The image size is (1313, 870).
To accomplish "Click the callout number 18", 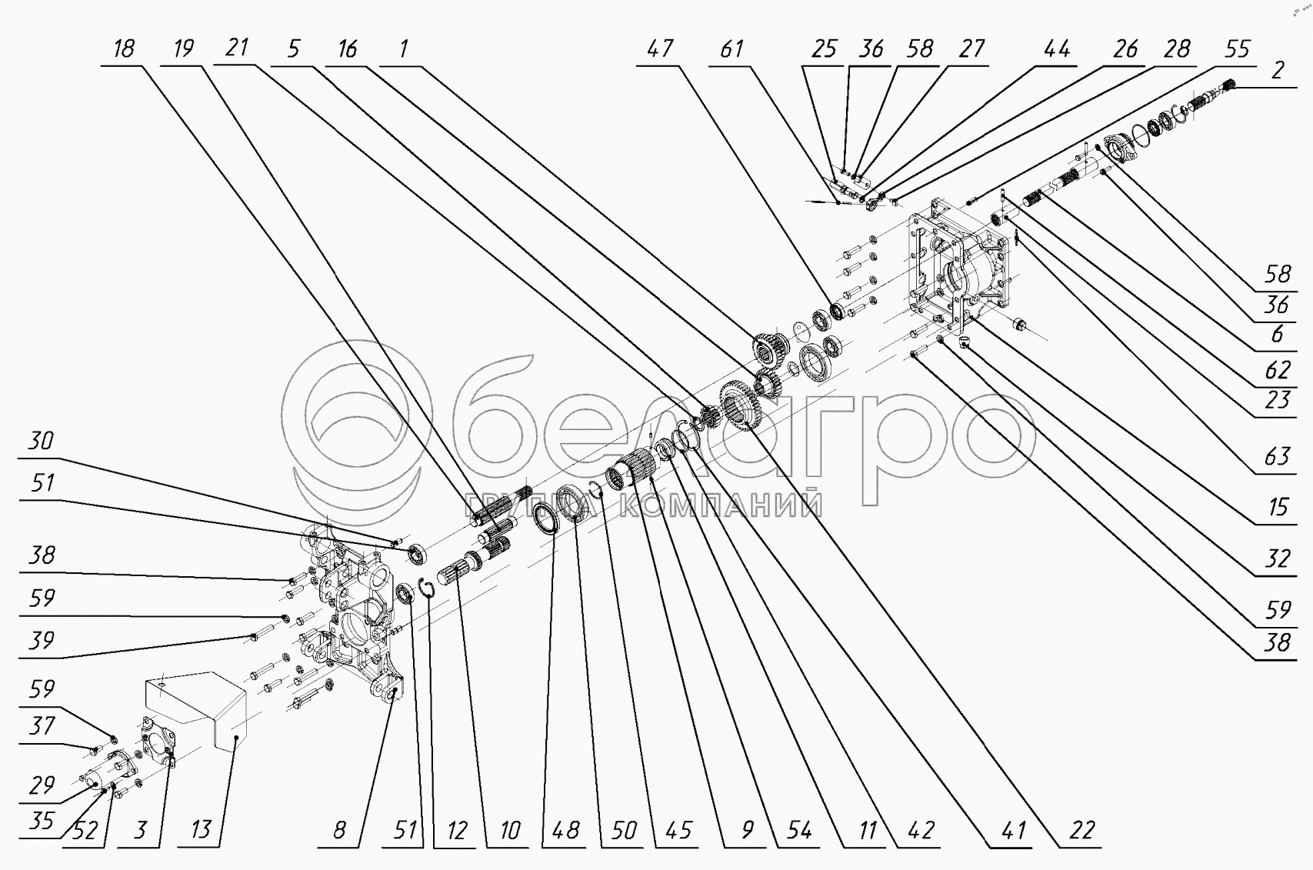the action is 125,48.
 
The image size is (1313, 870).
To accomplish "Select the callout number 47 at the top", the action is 661,48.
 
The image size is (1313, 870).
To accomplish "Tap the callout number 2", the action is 1278,70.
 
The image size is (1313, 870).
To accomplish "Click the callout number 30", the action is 41,441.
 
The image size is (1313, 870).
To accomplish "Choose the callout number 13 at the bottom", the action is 201,830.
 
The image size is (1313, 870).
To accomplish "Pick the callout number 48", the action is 565,830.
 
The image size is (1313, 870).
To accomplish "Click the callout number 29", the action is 41,785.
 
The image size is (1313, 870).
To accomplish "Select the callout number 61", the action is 732,48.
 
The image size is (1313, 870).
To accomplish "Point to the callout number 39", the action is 41,640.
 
